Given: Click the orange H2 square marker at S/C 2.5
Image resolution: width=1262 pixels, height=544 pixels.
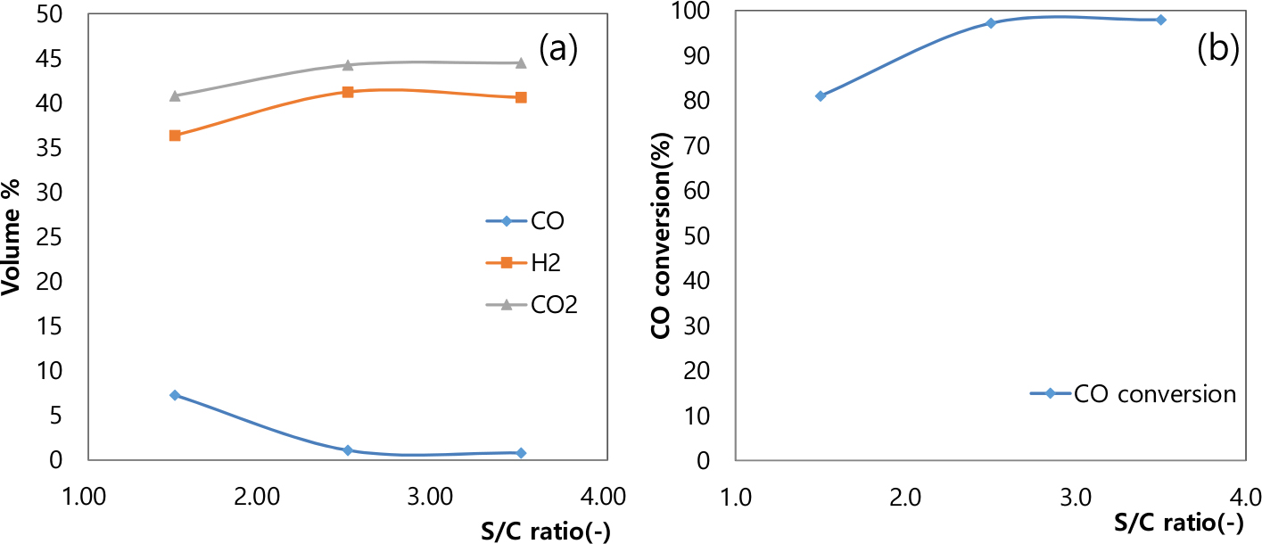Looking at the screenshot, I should tap(348, 92).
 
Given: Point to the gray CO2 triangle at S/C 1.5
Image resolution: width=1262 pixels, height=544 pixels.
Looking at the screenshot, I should tap(176, 95).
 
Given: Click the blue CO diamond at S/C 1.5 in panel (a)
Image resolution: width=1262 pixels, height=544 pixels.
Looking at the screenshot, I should tap(176, 395).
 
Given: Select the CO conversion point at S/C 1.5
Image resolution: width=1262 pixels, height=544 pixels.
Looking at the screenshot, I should tap(821, 95).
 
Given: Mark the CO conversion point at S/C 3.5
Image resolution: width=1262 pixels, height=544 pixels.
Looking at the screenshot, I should tap(1160, 20).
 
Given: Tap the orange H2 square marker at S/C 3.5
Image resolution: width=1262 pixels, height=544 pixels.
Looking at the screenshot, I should tap(521, 97).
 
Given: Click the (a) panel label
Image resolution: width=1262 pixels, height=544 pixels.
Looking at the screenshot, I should tap(557, 49).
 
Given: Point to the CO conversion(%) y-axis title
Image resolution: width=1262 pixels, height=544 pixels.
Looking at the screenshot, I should tap(661, 235).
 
